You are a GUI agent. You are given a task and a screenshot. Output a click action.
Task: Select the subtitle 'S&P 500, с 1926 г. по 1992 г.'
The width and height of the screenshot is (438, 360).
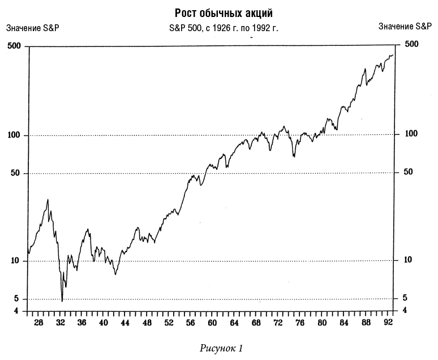point(224,27)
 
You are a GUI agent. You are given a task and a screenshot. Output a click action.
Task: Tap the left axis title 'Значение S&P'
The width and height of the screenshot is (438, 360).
point(32,27)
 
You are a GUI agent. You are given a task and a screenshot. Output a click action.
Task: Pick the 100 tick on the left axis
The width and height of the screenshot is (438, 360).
point(14,136)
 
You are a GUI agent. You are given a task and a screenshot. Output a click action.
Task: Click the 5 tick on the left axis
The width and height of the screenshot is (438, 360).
point(18,299)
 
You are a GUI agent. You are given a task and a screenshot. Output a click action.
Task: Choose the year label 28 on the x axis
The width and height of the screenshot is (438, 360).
point(38,323)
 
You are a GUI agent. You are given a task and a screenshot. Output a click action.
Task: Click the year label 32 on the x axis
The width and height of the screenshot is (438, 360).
point(60,323)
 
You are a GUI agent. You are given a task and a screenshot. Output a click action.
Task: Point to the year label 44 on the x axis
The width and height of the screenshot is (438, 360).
point(125,323)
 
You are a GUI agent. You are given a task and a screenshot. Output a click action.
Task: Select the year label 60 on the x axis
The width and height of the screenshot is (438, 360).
point(212,323)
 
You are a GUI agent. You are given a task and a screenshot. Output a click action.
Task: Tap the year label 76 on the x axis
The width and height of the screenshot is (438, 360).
point(300,323)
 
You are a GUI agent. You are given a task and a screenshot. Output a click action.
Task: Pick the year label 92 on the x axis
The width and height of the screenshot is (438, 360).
point(388,323)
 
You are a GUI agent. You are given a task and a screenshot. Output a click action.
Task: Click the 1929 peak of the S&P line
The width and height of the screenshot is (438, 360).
point(48,199)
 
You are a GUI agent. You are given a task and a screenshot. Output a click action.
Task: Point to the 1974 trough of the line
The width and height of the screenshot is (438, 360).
point(294,156)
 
